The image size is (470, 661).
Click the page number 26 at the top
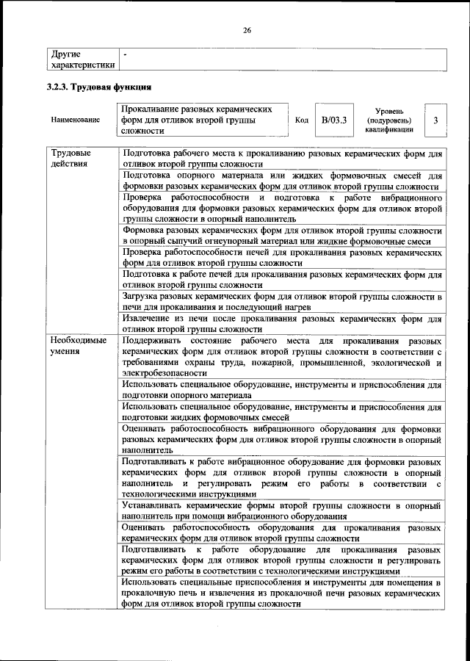(247, 29)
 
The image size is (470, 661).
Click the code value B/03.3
(333, 119)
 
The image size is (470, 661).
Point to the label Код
(301, 119)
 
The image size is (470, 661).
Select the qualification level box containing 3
(436, 119)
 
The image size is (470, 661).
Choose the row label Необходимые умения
(78, 347)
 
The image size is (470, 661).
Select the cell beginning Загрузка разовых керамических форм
(281, 301)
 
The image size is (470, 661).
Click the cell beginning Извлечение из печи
(281, 324)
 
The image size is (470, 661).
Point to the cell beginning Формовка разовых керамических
(281, 235)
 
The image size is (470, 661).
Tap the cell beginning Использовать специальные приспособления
(281, 593)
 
